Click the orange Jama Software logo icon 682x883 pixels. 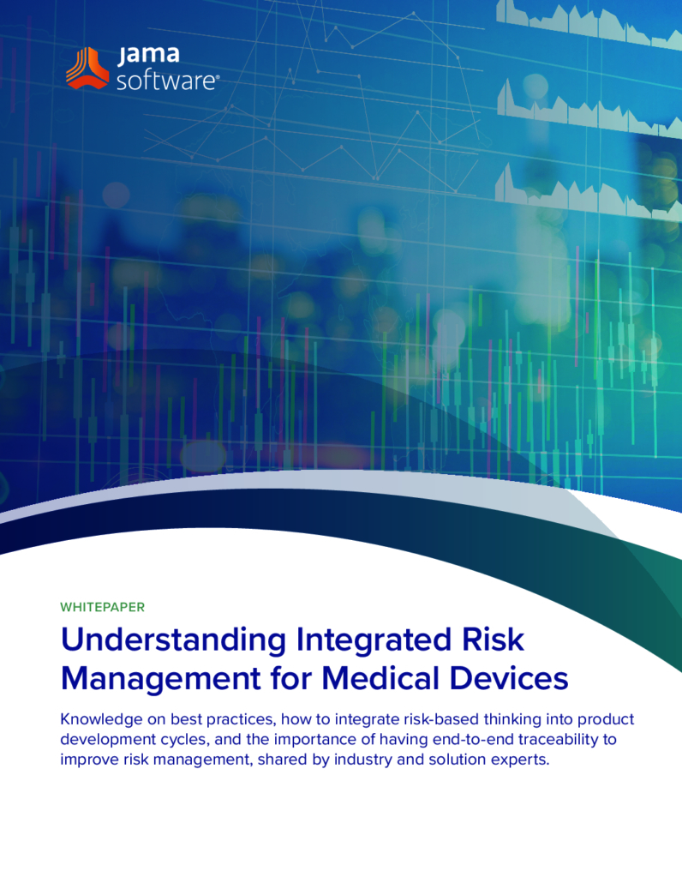click(87, 69)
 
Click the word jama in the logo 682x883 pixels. click(148, 55)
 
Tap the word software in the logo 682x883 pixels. click(167, 81)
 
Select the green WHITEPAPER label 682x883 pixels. click(103, 607)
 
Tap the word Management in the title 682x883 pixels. click(161, 679)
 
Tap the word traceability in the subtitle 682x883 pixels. click(559, 739)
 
